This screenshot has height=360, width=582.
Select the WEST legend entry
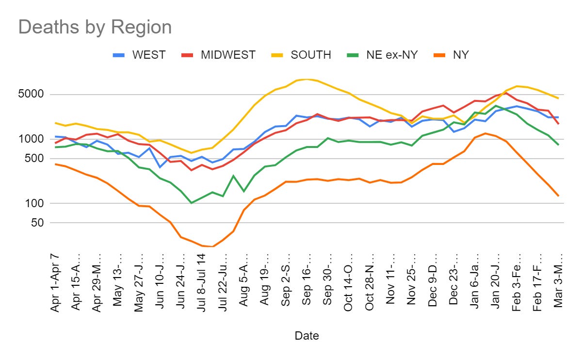click(x=148, y=55)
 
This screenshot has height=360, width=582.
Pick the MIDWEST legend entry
click(x=227, y=55)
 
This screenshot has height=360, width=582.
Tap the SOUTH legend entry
click(x=310, y=55)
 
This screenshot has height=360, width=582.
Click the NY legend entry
click(x=460, y=55)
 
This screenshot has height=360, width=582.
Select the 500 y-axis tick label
click(x=36, y=159)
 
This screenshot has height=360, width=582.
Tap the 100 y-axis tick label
click(x=36, y=204)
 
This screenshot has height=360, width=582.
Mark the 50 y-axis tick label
click(x=39, y=223)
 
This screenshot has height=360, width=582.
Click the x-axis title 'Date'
click(x=307, y=335)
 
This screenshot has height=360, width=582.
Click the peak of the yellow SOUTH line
click(x=306, y=79)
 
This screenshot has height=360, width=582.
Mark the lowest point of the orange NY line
click(x=213, y=246)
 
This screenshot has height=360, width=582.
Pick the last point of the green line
click(x=559, y=145)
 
